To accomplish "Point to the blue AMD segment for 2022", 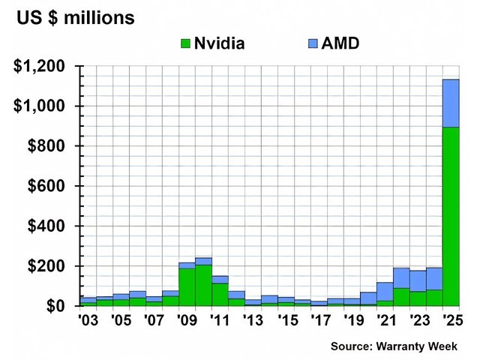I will (x=401, y=277).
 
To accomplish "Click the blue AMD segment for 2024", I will (x=434, y=278).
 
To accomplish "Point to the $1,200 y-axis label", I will (x=42, y=67).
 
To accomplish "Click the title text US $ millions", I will (x=76, y=16).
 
